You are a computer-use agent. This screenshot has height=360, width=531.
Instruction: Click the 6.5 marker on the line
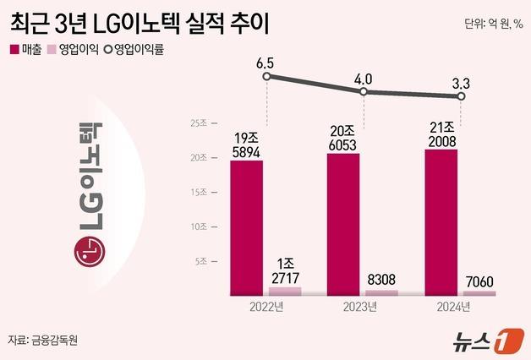click(266, 77)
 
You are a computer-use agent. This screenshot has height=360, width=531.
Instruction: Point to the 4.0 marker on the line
click(364, 91)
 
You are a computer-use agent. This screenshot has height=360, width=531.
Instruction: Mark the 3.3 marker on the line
click(462, 96)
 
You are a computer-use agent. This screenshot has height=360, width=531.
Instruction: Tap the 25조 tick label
click(200, 123)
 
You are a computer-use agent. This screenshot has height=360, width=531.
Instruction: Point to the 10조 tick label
click(200, 227)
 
